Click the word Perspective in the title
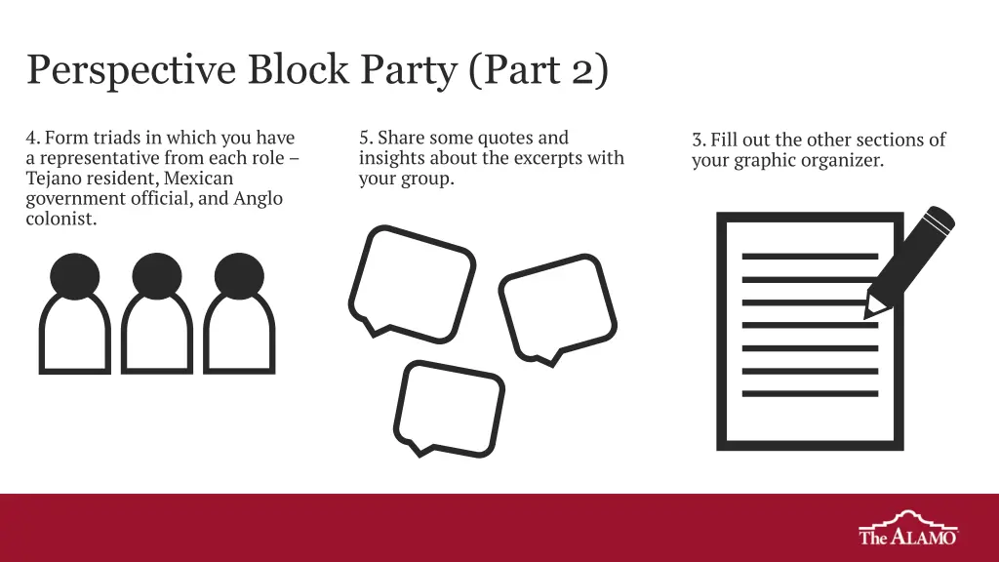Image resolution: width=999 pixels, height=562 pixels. coord(132,70)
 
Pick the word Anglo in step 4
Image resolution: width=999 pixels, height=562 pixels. coord(258,199)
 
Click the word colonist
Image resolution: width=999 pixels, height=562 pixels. coord(61,219)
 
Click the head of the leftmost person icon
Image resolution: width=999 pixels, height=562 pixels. coord(74,276)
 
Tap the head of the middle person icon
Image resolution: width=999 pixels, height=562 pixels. coord(157,276)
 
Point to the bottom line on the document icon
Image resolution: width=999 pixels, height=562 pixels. coord(810,394)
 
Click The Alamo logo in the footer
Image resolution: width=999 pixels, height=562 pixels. coord(908,528)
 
